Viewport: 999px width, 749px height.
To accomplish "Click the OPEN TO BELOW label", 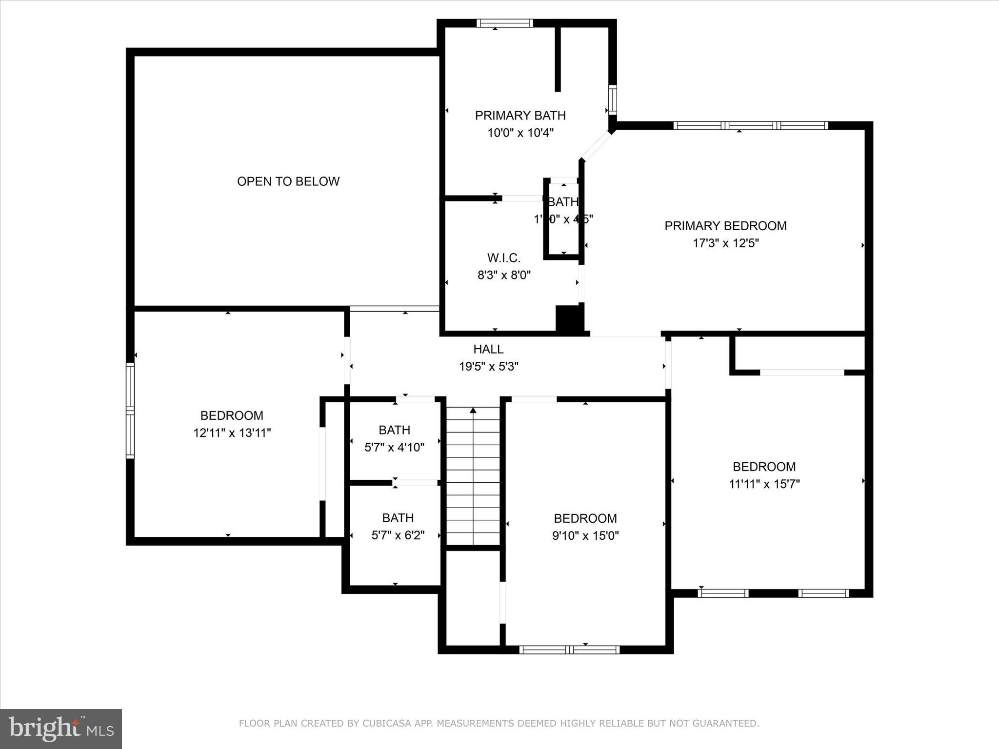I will coord(288,181).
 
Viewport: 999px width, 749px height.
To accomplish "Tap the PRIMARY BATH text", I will coord(520,116).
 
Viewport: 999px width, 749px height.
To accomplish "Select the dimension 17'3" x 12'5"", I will coord(725,243).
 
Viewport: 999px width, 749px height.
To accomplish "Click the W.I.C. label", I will coord(503,258).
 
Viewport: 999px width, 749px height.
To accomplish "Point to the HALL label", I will coord(488,349).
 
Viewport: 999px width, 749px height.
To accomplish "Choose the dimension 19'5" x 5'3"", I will coord(488,366).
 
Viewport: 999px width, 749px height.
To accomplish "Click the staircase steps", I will coord(473,478).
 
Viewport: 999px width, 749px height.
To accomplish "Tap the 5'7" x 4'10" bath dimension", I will coord(394,447).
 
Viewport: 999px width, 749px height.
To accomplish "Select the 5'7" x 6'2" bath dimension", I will coord(398,535).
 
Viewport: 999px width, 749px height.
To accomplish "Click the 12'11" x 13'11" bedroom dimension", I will coord(232,433).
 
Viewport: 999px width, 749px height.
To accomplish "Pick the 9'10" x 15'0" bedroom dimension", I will coord(585,536).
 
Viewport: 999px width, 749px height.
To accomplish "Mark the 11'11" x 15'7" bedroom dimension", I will coord(764,484).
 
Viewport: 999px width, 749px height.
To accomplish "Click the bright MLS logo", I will coord(61,729).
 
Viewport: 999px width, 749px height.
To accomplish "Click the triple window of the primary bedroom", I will coord(750,126).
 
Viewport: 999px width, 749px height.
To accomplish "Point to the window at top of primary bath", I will coord(504,23).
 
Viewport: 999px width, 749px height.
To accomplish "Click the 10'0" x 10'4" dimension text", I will coord(520,133).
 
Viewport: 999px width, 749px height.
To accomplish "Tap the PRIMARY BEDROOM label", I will coord(725,226).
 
